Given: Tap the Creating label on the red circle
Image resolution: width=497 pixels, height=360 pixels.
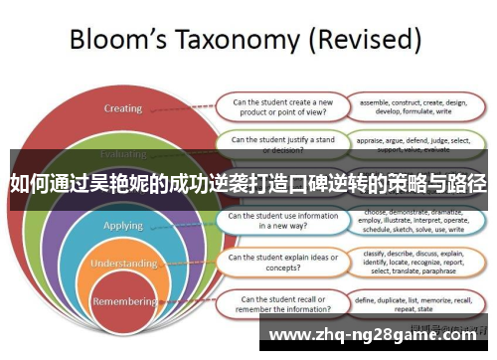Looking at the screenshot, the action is point(124,108).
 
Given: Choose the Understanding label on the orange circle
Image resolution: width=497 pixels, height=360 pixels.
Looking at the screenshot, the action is point(124,264).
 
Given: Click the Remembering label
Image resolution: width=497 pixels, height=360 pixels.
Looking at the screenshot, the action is point(124,300).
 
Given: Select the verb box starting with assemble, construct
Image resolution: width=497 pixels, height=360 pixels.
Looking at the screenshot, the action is point(414,105).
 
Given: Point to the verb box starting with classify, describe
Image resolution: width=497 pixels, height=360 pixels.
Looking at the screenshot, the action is point(414,262).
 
